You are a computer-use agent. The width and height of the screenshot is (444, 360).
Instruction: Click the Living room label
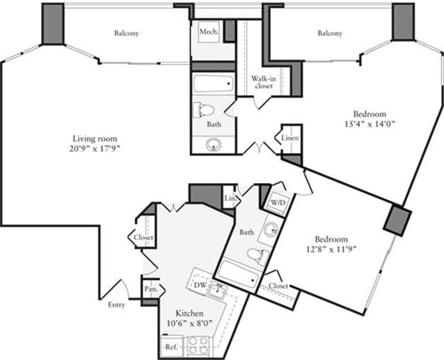[x=95, y=139]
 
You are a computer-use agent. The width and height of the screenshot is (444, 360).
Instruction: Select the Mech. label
[x=209, y=33]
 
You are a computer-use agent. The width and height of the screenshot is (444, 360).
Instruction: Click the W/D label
[x=278, y=201]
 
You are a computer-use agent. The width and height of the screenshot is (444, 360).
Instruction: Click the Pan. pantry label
[x=151, y=289]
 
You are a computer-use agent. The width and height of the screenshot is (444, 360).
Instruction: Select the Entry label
[x=115, y=306]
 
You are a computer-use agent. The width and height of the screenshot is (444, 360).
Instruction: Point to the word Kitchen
[x=192, y=314]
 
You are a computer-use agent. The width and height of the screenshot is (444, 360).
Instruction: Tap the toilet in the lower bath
[x=258, y=258]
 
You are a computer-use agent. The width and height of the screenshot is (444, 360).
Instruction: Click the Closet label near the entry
[x=143, y=238]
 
